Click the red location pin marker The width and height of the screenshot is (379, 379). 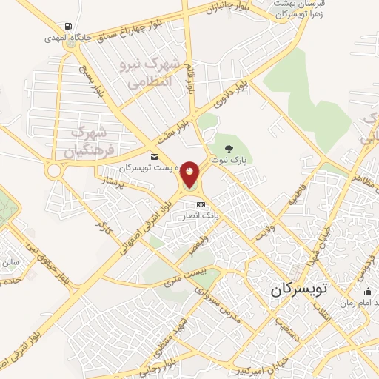(x=190, y=175)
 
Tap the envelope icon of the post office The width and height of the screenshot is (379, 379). (x=154, y=156)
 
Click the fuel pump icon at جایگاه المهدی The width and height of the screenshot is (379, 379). (x=69, y=26)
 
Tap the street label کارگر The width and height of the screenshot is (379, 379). (x=101, y=229)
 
